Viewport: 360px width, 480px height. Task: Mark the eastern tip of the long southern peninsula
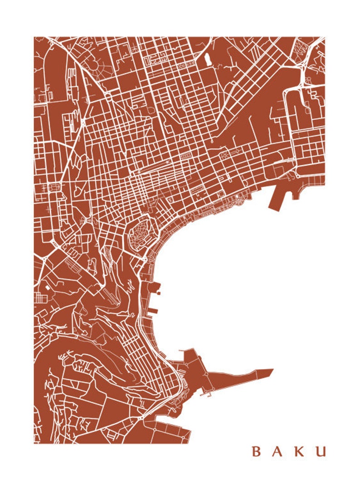tap(271, 371)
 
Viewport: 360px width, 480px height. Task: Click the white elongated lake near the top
tap(208, 59)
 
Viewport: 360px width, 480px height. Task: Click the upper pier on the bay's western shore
tap(155, 287)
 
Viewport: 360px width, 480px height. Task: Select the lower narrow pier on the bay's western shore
tap(152, 311)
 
